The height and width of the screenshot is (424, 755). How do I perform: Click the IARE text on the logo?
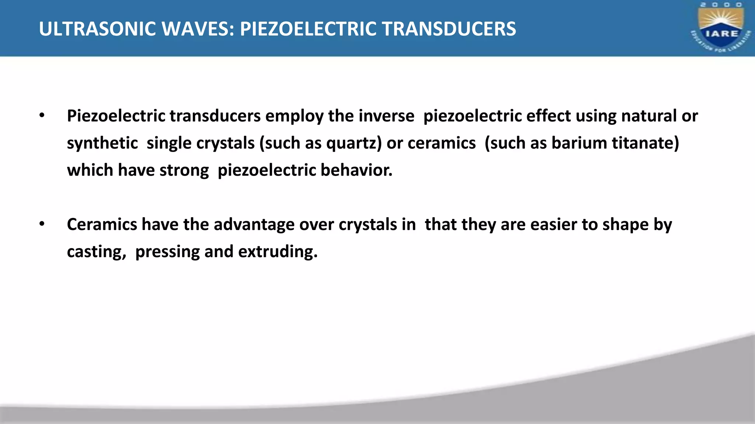point(721,33)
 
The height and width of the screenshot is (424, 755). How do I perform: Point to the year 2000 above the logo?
point(721,5)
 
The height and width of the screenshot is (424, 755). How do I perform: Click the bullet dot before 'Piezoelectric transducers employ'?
point(42,116)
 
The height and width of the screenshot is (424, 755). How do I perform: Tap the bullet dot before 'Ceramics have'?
point(42,224)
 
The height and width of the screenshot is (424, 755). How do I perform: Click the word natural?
point(649,116)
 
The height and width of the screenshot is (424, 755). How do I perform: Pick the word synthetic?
point(102,143)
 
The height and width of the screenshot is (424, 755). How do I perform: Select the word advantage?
point(254,225)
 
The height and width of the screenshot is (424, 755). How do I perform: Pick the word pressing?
point(167,252)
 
